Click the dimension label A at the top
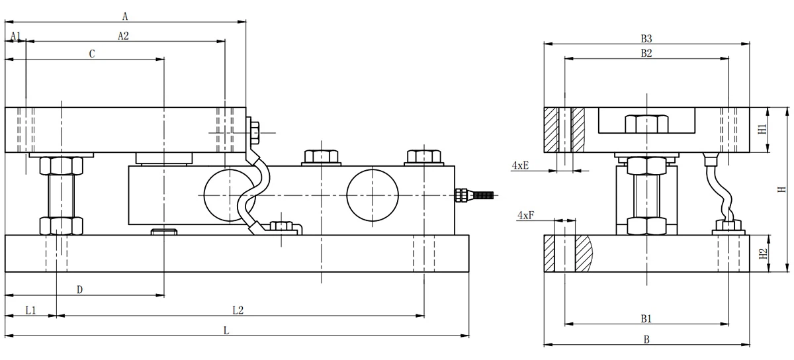pos(125,15)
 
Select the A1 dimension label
pos(16,36)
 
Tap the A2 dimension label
pos(123,36)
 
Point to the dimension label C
pos(92,54)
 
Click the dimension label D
pos(79,290)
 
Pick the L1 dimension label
pos(30,310)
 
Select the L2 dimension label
pos(238,310)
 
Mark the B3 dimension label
pos(646,38)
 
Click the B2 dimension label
pos(646,54)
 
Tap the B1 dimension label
pos(646,318)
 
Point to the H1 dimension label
pos(762,129)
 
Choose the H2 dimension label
pos(762,253)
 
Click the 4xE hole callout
pos(520,165)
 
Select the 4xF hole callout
pos(525,215)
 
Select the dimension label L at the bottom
pos(226,330)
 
